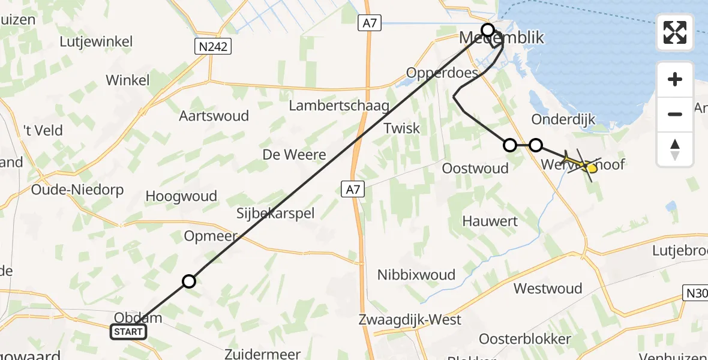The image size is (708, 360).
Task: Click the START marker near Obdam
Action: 128,332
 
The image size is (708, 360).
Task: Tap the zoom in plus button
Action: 675,79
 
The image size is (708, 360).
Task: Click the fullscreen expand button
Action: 675,32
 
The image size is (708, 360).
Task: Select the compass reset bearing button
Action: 675,148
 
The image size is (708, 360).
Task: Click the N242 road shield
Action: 213,46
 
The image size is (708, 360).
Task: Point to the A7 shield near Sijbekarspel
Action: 353,190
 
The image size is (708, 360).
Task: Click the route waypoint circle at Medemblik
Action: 488,29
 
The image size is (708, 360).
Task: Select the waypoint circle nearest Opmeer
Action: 189,281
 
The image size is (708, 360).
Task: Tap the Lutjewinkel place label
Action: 96,42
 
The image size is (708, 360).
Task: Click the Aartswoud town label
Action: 214,116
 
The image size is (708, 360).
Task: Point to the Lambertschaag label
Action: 339,106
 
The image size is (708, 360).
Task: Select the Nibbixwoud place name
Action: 416,275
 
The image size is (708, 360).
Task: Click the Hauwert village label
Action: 490,221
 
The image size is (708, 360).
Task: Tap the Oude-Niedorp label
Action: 77,190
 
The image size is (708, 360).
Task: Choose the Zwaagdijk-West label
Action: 418,319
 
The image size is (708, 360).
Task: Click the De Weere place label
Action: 294,155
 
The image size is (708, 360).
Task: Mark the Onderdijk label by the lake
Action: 563,119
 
